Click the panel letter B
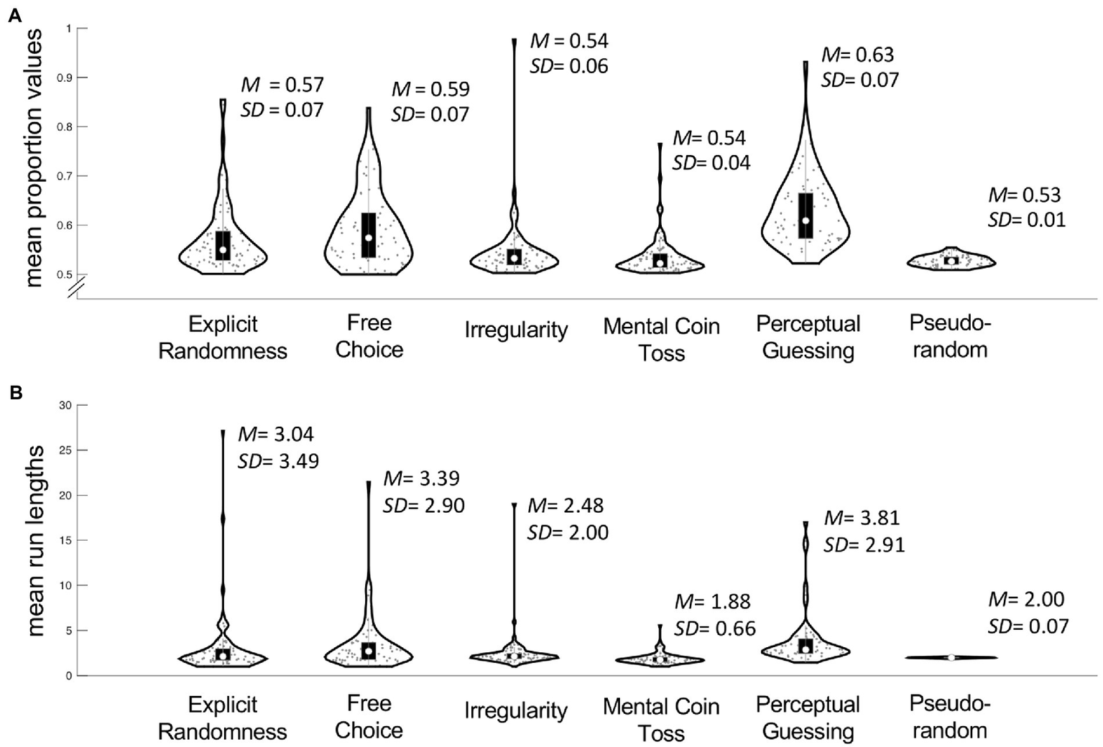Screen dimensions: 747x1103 (14, 393)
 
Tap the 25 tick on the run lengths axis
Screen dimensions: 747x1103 (66, 450)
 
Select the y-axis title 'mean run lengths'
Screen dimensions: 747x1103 (35, 540)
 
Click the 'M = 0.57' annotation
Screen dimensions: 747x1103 (282, 85)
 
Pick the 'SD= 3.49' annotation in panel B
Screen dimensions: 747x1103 (278, 460)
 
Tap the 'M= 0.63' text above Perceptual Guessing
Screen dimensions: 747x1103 (858, 55)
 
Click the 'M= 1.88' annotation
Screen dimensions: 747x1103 (712, 601)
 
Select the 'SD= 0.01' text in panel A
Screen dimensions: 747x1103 (1026, 219)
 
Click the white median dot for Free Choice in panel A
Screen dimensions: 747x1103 (369, 238)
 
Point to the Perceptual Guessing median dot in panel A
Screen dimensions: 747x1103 (806, 221)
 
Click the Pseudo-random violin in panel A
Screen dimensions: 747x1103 (951, 261)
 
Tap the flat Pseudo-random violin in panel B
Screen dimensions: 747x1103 (951, 657)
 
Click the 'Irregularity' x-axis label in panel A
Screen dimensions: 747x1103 (516, 330)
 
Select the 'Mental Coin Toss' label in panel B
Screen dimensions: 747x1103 (661, 720)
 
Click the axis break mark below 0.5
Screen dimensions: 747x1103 (77, 287)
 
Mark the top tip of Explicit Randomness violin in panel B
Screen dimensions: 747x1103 (223, 431)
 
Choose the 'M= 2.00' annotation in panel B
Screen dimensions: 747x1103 (1026, 599)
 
